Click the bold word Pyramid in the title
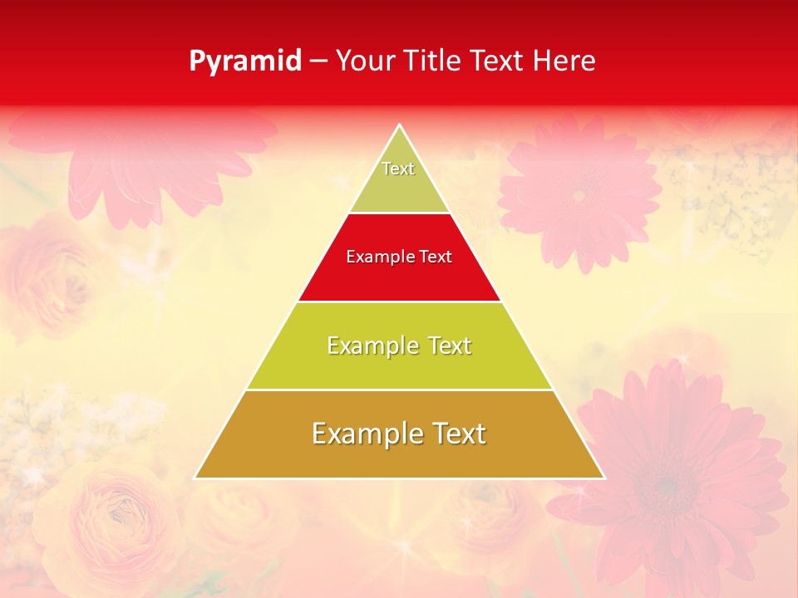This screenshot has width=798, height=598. point(245,61)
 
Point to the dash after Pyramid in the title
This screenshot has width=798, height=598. point(318,61)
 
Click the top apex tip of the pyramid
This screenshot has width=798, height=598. point(400,125)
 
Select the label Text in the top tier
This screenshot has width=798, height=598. point(398,169)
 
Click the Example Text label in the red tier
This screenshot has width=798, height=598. point(399,257)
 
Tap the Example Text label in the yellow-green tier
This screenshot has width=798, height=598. point(399,346)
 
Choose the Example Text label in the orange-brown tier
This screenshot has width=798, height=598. point(399,434)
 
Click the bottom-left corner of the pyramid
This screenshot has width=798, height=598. point(196,478)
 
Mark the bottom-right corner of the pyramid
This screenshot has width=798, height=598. point(603,478)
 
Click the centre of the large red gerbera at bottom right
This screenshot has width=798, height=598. point(665,482)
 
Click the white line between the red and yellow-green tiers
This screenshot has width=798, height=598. point(399,301)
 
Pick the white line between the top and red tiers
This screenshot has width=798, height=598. point(399,213)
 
